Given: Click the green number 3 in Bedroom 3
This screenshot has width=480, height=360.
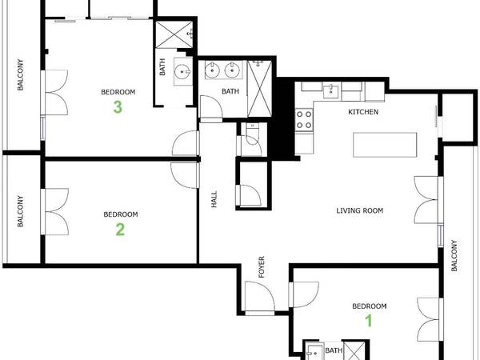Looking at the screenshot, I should (x=117, y=107).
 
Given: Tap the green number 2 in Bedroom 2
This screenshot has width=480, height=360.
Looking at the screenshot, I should (x=120, y=230).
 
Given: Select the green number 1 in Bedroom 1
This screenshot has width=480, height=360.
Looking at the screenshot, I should (x=369, y=321).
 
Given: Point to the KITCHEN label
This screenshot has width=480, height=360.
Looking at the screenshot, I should (x=363, y=112).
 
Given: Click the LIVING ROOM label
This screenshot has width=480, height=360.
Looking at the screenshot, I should (x=359, y=211).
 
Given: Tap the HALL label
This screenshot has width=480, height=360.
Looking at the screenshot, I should (x=214, y=200).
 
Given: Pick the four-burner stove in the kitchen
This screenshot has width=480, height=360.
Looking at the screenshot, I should (x=305, y=119).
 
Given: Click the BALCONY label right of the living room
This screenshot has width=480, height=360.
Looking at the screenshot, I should (x=454, y=256).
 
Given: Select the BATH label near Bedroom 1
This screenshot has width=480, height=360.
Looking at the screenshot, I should (x=334, y=350).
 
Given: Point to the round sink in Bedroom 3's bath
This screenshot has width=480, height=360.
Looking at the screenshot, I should (x=182, y=70).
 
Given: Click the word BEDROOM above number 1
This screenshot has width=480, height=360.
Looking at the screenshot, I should (x=369, y=306).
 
